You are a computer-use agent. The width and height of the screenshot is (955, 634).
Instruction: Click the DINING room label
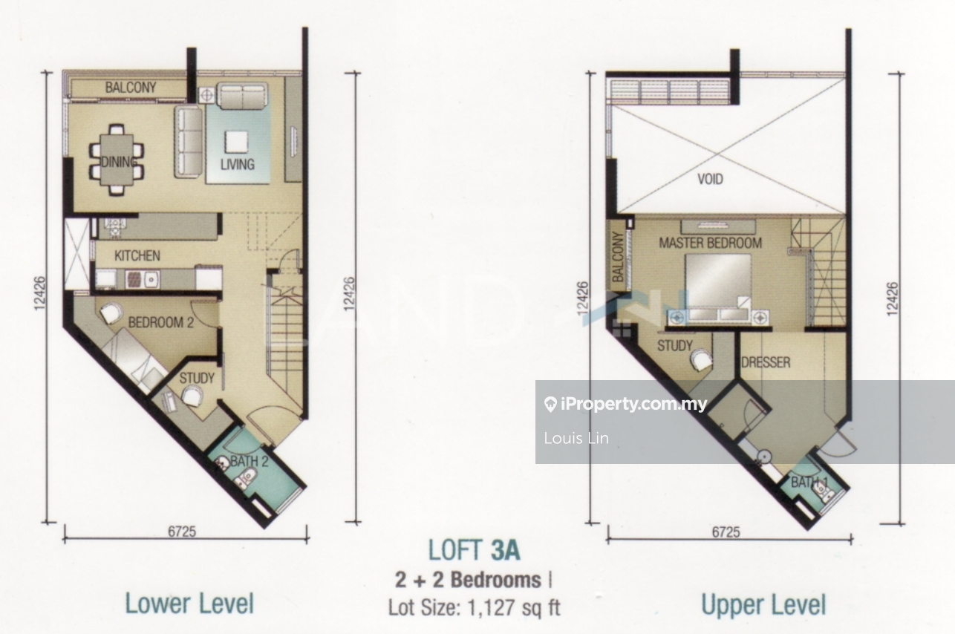(x=119, y=162)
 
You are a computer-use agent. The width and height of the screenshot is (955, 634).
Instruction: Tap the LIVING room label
(x=238, y=165)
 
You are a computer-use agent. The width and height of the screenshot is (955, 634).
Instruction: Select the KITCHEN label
(x=137, y=255)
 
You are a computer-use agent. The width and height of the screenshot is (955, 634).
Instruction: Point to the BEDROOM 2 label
(x=160, y=322)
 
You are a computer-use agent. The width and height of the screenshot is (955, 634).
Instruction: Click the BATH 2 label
(x=249, y=461)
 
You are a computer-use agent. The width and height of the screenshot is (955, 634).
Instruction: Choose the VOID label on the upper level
(x=710, y=179)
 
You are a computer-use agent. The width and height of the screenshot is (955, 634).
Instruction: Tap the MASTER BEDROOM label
(x=710, y=243)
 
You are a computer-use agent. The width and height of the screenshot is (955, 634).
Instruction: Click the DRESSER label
(x=766, y=362)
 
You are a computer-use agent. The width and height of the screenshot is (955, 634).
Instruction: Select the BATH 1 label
(x=809, y=483)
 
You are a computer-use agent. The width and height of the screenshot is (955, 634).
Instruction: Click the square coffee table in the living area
(x=237, y=142)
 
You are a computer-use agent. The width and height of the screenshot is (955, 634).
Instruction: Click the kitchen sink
(x=151, y=279)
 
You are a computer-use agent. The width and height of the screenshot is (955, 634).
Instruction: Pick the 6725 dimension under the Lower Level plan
(x=182, y=532)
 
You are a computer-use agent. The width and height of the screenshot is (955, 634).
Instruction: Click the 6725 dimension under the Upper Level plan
(x=726, y=532)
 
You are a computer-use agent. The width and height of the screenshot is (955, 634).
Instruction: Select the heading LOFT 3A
(x=474, y=550)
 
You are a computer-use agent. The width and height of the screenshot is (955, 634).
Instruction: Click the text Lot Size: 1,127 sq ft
(x=474, y=607)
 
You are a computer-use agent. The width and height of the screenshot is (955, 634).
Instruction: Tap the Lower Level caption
(x=189, y=604)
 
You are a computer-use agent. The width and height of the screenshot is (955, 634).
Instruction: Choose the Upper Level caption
(x=763, y=604)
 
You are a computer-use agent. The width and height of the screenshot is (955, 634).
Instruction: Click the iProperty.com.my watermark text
(x=634, y=404)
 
